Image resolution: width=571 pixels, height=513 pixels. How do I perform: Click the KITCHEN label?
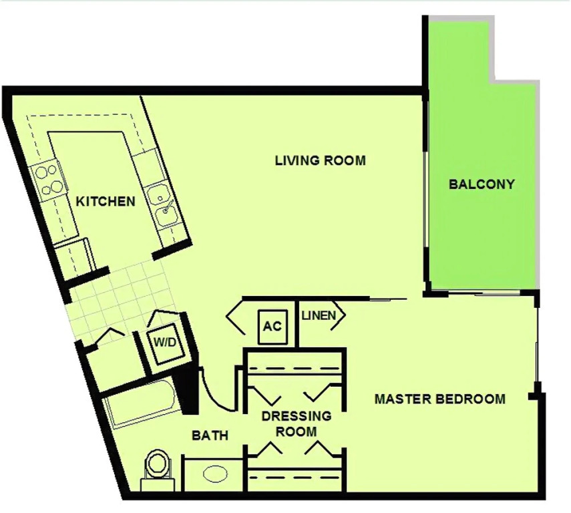(106, 201)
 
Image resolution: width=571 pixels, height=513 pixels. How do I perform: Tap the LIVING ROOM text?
(320, 160)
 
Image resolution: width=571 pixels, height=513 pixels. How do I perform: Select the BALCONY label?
(482, 184)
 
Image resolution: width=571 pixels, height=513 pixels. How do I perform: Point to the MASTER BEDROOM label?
(440, 399)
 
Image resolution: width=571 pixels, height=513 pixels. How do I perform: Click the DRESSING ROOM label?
(297, 423)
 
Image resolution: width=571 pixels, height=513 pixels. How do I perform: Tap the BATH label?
(210, 435)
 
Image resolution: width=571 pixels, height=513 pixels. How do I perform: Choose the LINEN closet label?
(319, 315)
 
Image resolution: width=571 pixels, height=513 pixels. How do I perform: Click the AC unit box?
(272, 327)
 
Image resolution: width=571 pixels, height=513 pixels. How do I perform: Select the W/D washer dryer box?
(164, 343)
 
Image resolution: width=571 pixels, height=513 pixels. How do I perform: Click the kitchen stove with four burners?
(49, 179)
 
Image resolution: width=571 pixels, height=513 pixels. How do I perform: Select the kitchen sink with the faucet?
(167, 214)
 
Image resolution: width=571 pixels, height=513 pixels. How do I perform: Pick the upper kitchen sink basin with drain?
(158, 195)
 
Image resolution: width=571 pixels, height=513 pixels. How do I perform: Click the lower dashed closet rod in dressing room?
(295, 476)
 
